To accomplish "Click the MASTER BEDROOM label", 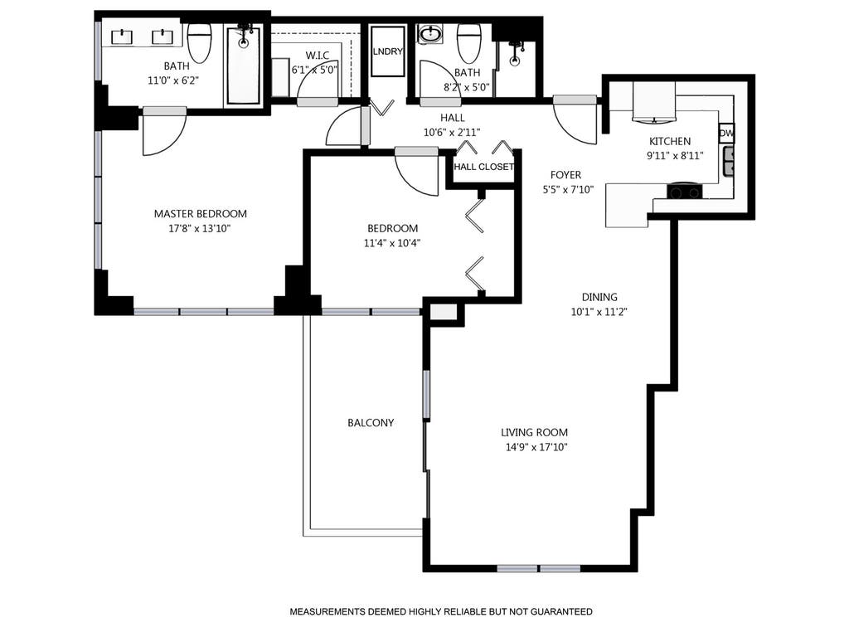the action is (x=201, y=214).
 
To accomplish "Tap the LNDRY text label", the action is (x=388, y=51).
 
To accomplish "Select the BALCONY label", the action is (x=371, y=422).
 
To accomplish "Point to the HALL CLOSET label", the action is (x=483, y=167).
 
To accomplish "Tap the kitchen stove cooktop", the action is (x=684, y=192).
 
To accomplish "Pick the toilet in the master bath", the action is (x=199, y=43).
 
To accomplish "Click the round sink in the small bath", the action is (x=431, y=35).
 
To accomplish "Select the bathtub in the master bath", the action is (x=243, y=64).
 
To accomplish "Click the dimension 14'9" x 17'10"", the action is (x=534, y=447).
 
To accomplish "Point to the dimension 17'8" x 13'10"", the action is (x=200, y=229).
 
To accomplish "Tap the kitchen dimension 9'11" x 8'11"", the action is (x=675, y=156).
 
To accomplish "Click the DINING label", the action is (x=599, y=297).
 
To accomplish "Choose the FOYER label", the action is (x=565, y=175).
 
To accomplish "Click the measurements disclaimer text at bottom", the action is (x=441, y=611).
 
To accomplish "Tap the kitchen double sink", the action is (x=729, y=162).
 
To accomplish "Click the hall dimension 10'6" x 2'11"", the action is (x=452, y=132).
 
